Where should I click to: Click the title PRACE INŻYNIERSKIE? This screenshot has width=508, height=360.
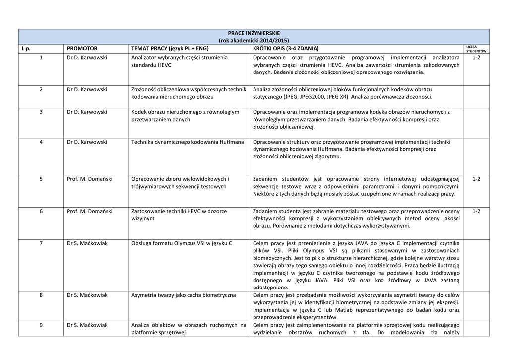coord(254,33)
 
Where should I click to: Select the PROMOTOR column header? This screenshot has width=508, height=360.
coord(82,48)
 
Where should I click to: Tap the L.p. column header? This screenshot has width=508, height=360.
coord(26,48)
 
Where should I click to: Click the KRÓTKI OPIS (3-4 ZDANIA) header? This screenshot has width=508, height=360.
coord(286,48)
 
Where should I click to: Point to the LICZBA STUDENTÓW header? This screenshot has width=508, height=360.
coord(476,49)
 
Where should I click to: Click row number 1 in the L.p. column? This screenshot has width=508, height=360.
coord(41,58)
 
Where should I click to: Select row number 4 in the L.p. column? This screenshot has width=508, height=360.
coord(41,142)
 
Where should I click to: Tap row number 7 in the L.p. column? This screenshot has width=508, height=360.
coord(41,243)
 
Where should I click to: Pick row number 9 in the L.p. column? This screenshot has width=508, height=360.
coord(41,325)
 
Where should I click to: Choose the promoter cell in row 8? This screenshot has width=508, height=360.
coord(87,295)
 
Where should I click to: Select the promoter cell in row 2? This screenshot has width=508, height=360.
coord(87,89)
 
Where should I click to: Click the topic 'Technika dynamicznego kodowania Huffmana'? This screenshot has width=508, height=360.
coord(188,142)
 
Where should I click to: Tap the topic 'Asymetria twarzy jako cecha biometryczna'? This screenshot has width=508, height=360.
coord(183,295)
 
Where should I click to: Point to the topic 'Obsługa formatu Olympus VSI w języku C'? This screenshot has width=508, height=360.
coord(182,243)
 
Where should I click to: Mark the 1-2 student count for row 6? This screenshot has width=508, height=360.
coord(476,211)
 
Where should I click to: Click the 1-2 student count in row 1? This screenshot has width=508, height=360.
coord(476,58)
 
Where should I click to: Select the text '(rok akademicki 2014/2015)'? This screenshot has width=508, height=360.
coord(254,40)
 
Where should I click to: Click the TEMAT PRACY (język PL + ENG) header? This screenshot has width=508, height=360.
coord(170,48)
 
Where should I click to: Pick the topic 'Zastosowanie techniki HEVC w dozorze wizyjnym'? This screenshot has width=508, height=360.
coord(179,215)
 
